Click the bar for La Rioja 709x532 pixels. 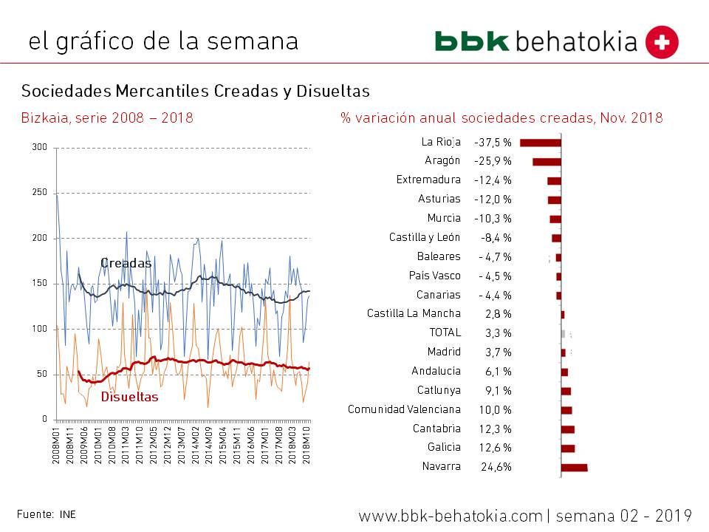point(541,143)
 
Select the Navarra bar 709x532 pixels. point(574,467)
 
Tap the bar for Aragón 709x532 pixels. point(547,162)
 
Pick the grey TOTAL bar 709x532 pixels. point(563,333)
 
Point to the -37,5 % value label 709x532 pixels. point(493,143)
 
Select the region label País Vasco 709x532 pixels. point(434,276)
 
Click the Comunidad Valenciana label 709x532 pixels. point(404,409)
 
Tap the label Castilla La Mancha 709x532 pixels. point(414,314)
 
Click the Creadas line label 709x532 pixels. point(126,263)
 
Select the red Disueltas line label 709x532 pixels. point(129,397)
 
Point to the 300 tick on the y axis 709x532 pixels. point(40,148)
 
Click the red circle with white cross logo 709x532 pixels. point(662,42)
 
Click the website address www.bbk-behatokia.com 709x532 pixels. point(451,515)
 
